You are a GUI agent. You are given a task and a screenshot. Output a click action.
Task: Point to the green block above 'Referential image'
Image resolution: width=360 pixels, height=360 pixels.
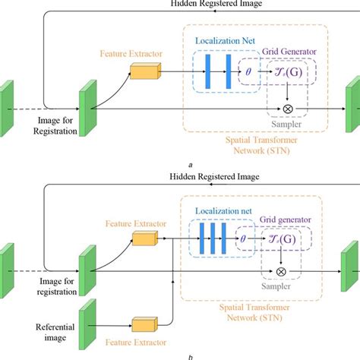pyautogui.click(x=87, y=318)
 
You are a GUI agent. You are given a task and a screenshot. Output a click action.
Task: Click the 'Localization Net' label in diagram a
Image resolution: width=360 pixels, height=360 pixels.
pyautogui.click(x=225, y=39)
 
